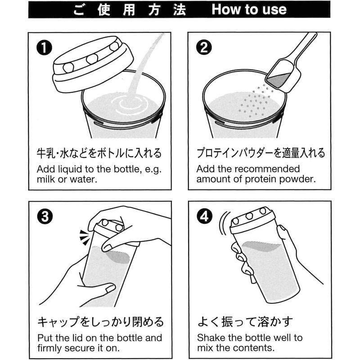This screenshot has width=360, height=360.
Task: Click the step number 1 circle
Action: [x=44, y=48]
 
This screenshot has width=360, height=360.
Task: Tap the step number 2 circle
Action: [x=204, y=48]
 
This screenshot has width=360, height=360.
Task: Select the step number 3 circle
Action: [x=45, y=217]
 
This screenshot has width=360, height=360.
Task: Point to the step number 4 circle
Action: [x=205, y=217]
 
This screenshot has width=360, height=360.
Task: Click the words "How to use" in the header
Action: [x=249, y=9]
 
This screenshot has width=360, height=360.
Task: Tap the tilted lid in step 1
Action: [x=93, y=64]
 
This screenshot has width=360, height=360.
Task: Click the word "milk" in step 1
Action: [x=46, y=179]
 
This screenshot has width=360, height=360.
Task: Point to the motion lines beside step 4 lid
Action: [x=224, y=223]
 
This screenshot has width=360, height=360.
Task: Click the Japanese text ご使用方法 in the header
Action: [x=130, y=10]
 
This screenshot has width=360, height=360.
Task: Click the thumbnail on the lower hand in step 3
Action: [x=110, y=288]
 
